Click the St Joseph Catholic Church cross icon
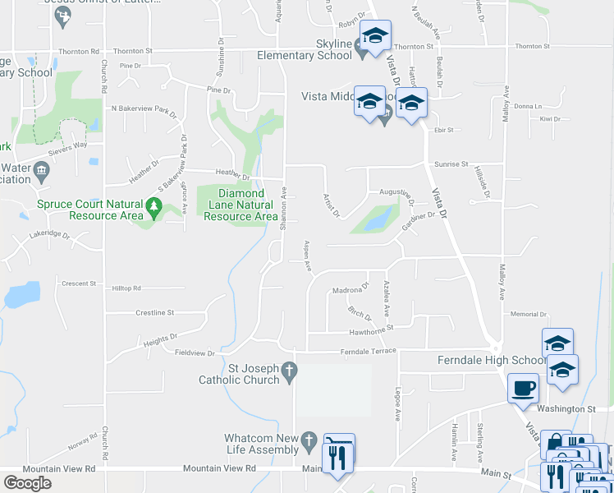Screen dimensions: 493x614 pos(288,373)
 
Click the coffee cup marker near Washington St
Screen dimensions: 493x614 pos(523,389)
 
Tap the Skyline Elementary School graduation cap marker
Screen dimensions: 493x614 pos(376,36)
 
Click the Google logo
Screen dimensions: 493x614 pos(27,483)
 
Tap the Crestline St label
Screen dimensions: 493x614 pos(155,312)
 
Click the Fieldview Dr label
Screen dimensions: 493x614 pos(195,353)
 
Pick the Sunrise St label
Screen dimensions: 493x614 pos(452,164)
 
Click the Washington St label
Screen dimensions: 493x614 pos(566,408)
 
